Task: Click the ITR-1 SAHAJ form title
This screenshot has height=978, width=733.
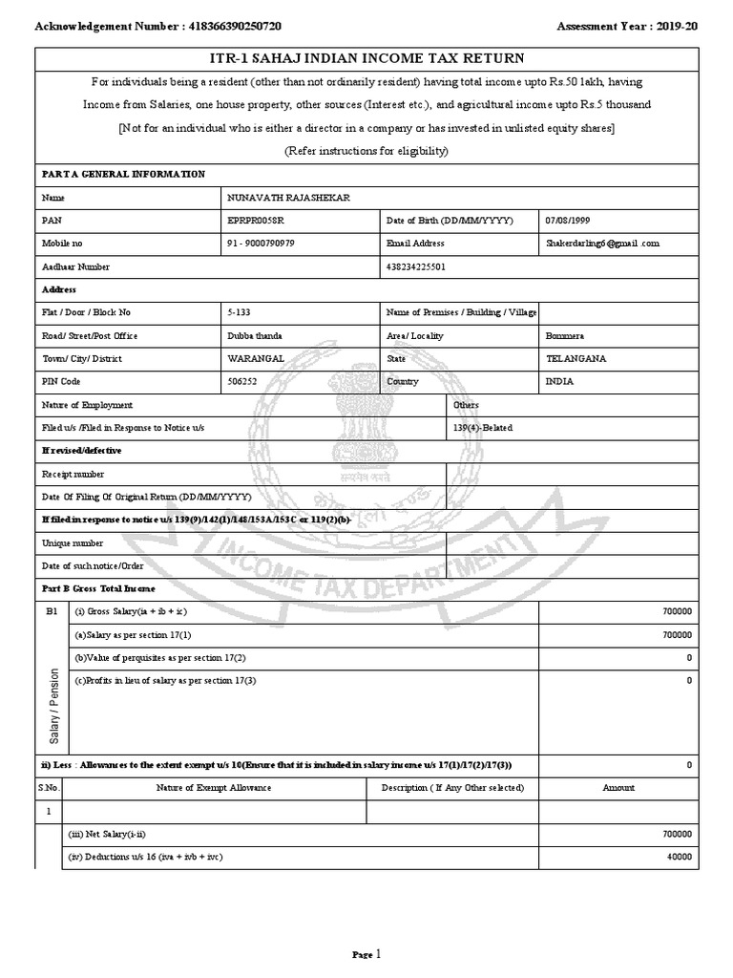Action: [366, 58]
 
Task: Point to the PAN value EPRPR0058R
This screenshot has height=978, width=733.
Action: [256, 220]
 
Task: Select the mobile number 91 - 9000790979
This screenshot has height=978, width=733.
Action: [261, 244]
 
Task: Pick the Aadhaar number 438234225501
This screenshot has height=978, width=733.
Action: [418, 266]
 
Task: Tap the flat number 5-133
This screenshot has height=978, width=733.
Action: [239, 312]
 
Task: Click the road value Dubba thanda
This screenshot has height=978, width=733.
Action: [255, 336]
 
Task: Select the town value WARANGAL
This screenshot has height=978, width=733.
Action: [255, 359]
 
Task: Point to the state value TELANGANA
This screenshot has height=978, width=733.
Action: [576, 359]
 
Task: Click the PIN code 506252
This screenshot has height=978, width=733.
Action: [241, 382]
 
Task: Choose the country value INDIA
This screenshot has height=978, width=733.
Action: [560, 382]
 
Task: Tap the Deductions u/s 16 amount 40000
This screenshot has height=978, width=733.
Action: [679, 858]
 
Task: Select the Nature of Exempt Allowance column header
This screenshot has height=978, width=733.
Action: [214, 788]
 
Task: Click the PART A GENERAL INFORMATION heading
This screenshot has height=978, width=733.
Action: [123, 174]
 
